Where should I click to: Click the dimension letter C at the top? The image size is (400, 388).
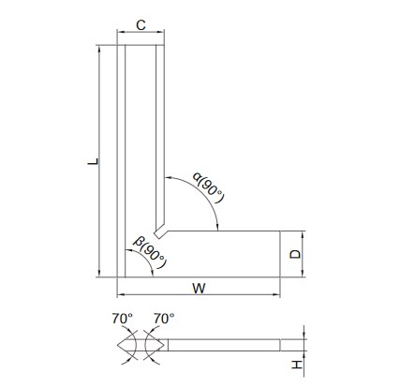[141, 25]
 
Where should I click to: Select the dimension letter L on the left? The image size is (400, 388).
[93, 161]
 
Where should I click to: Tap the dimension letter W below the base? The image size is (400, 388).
[199, 288]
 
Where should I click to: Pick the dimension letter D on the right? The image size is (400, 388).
[295, 254]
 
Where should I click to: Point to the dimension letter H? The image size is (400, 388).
[297, 365]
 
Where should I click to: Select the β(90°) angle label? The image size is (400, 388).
[150, 253]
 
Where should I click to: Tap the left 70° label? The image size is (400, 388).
[123, 319]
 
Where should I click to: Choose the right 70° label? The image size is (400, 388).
[164, 319]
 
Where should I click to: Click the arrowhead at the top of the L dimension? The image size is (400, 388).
[99, 49]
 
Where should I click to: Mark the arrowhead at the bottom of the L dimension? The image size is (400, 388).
[99, 274]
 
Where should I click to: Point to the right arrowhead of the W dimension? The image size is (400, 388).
[276, 294]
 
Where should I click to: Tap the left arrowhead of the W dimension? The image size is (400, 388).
[121, 294]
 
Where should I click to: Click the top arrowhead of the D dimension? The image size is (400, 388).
[303, 234]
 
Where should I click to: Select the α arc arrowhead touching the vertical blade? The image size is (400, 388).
[169, 178]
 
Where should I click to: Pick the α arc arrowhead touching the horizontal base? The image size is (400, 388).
[217, 227]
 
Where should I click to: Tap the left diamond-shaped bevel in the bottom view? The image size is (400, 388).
[126, 345]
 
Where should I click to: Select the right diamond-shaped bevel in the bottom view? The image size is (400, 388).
[155, 345]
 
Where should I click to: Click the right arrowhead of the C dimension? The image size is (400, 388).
[160, 32]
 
